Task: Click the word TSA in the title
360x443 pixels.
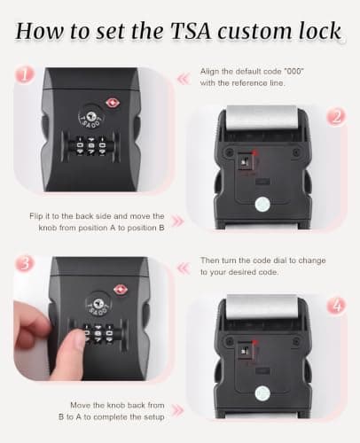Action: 191,31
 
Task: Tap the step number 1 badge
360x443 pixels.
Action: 25,74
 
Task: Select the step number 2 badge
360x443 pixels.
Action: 336,117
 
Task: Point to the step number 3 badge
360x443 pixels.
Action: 25,263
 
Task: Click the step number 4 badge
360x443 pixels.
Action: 337,306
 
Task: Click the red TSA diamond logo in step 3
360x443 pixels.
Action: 121,290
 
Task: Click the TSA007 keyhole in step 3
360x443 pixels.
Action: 98,303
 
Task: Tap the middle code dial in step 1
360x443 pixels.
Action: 91,145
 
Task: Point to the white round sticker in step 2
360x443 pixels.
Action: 262,204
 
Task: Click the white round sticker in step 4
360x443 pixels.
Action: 262,393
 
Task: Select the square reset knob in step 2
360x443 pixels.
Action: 246,161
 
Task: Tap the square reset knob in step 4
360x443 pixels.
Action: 246,351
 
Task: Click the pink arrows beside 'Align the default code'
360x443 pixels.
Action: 184,79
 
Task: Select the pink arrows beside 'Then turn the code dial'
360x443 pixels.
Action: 184,268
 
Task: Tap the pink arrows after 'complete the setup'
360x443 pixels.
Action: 177,410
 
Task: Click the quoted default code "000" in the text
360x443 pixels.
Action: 293,72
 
